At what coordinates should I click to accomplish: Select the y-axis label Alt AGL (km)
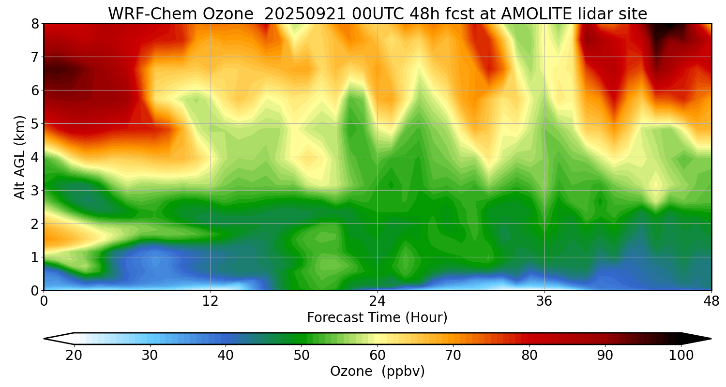click(x=20, y=157)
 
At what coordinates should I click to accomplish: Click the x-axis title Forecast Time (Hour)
click(x=377, y=318)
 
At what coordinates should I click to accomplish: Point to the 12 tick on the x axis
click(x=211, y=300)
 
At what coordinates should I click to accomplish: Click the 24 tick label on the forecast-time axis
click(x=378, y=300)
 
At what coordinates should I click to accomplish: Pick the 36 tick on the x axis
click(x=544, y=300)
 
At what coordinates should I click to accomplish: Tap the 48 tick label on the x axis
click(x=711, y=300)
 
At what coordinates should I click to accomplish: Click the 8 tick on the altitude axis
click(x=35, y=24)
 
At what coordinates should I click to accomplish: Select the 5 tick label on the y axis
click(x=35, y=124)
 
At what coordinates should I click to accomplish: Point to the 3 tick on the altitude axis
click(x=35, y=191)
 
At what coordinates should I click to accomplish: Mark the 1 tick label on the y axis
click(x=35, y=257)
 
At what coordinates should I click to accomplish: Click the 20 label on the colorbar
click(x=74, y=356)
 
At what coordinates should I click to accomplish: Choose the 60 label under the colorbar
click(x=378, y=356)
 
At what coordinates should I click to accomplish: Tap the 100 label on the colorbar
click(x=681, y=356)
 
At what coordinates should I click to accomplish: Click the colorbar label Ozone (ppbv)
click(x=377, y=372)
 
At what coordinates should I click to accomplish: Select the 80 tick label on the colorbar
click(x=529, y=356)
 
